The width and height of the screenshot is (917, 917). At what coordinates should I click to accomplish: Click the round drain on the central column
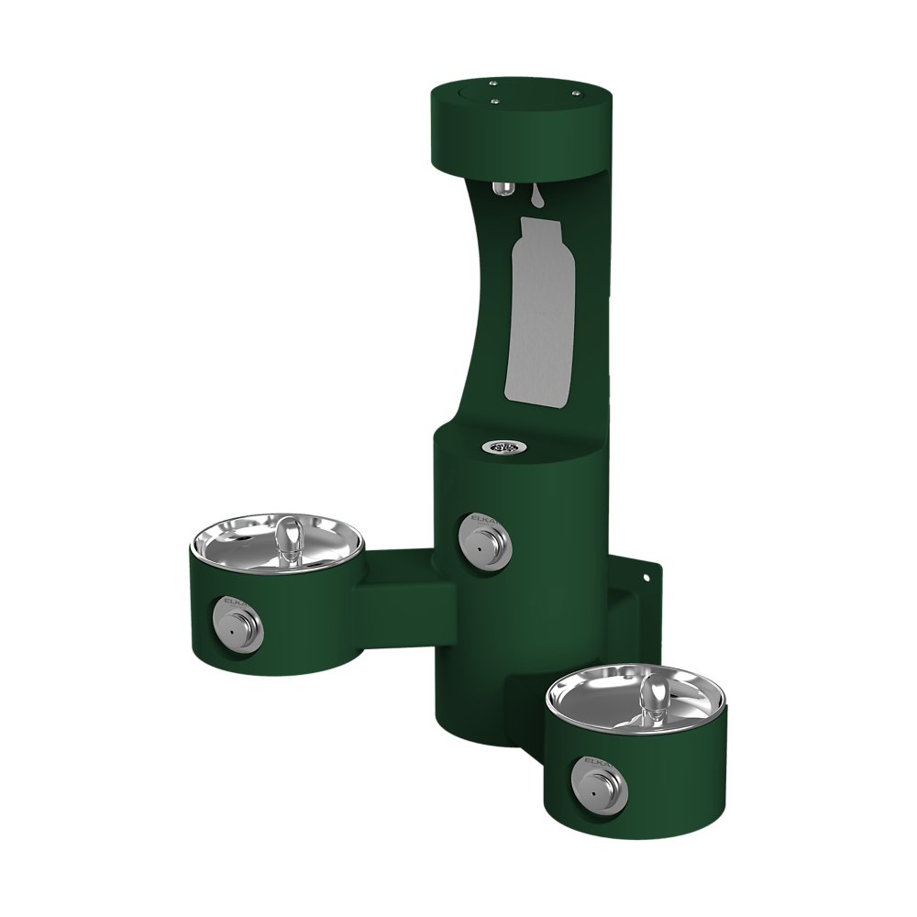(x=500, y=447)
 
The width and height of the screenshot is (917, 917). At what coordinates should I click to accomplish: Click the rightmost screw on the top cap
(x=577, y=93)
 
